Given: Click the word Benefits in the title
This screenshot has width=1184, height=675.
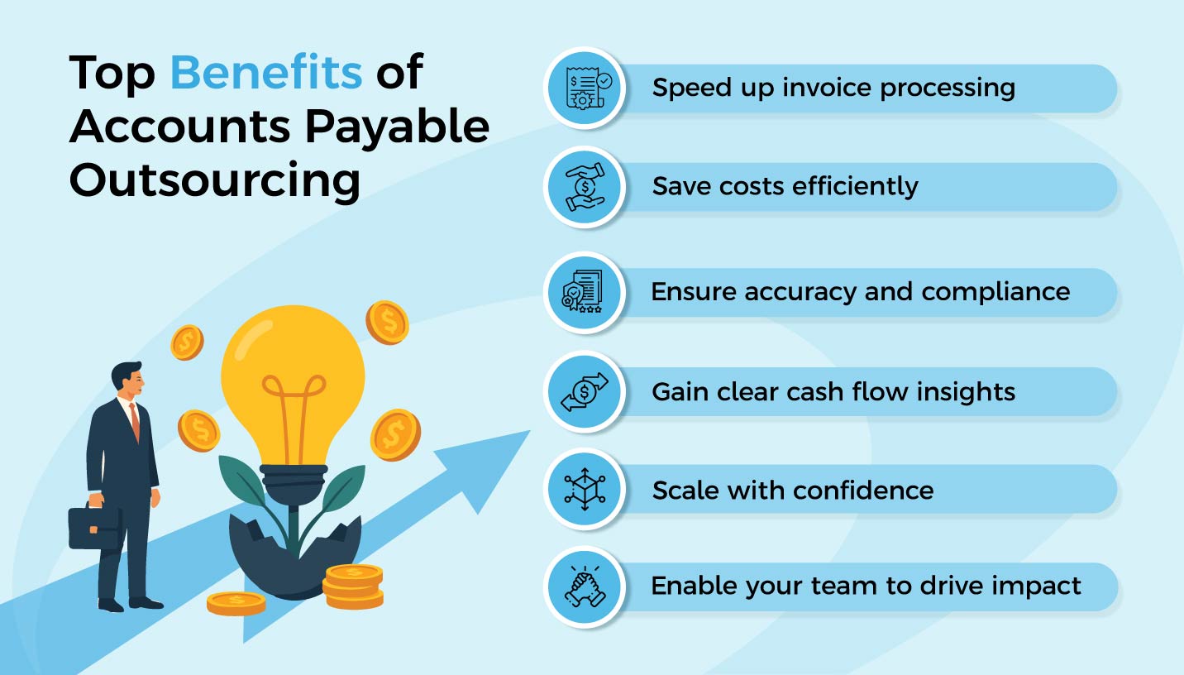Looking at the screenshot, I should [x=265, y=73].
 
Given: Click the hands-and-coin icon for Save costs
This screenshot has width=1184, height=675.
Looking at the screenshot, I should [x=584, y=187].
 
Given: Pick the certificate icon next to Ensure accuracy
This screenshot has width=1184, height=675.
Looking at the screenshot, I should [x=584, y=292].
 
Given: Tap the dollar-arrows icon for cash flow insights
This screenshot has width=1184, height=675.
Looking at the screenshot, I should [x=584, y=391].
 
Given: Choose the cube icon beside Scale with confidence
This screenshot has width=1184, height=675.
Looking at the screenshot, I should [x=584, y=490].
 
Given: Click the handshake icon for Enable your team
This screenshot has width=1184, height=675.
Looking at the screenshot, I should [x=584, y=586].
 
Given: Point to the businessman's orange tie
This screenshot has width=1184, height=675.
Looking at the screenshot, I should [x=135, y=423].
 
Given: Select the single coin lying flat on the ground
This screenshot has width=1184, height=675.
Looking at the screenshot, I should [x=236, y=603].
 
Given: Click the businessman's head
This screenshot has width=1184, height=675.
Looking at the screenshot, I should [x=127, y=380].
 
